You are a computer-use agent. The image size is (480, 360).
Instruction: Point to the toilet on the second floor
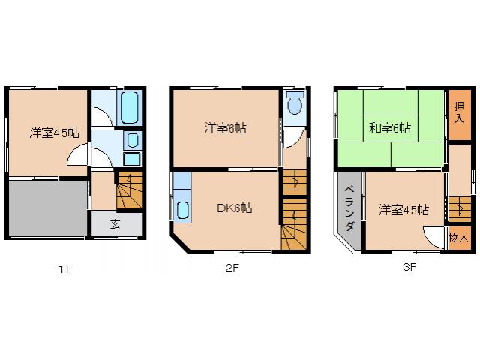pyautogui.click(x=294, y=103)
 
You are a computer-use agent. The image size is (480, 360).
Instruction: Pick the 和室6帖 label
pyautogui.click(x=389, y=128)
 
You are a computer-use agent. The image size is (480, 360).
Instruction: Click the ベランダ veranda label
pyautogui.click(x=349, y=202)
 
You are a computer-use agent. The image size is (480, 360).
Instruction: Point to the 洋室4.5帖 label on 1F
pyautogui.click(x=55, y=133)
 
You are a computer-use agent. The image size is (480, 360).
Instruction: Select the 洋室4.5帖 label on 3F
pyautogui.click(x=403, y=210)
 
